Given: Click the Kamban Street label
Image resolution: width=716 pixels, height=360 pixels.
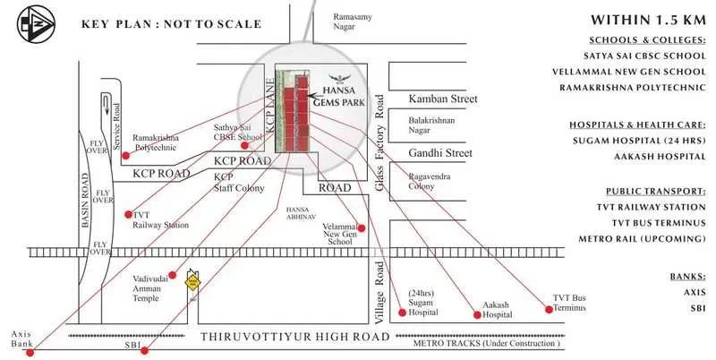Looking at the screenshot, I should [x=443, y=99].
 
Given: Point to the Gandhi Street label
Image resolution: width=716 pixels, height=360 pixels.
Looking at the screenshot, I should [x=439, y=154].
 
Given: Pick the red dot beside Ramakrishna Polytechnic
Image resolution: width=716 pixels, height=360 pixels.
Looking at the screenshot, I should [x=125, y=155].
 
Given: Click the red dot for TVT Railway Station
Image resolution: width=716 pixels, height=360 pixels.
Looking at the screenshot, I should [x=126, y=215].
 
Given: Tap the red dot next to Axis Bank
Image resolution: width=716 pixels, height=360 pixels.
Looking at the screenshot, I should [x=30, y=352].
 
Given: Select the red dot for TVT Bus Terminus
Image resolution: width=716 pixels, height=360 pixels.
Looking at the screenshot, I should [x=548, y=310].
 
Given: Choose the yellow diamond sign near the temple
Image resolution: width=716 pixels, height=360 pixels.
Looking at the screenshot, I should [x=191, y=282].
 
